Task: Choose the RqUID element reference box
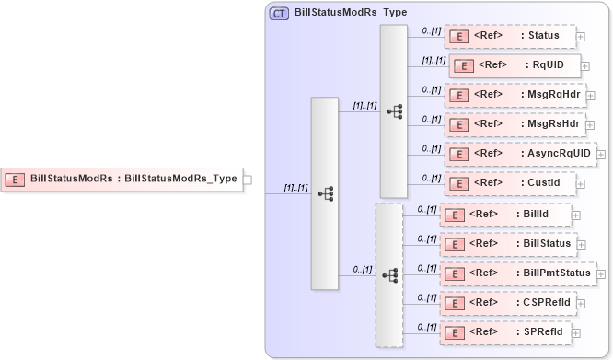pos(515,65)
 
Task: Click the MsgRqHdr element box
pos(515,95)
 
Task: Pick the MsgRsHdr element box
pos(515,124)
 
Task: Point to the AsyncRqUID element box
pos(520,154)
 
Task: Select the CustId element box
pos(509,183)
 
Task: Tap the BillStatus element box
pos(509,244)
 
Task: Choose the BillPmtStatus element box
pos(517,273)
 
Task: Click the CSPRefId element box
pos(509,303)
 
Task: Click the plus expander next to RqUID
pos(586,66)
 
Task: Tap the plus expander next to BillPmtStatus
pos(601,273)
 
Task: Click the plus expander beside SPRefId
pos(577,332)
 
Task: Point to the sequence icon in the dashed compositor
pos(389,275)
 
